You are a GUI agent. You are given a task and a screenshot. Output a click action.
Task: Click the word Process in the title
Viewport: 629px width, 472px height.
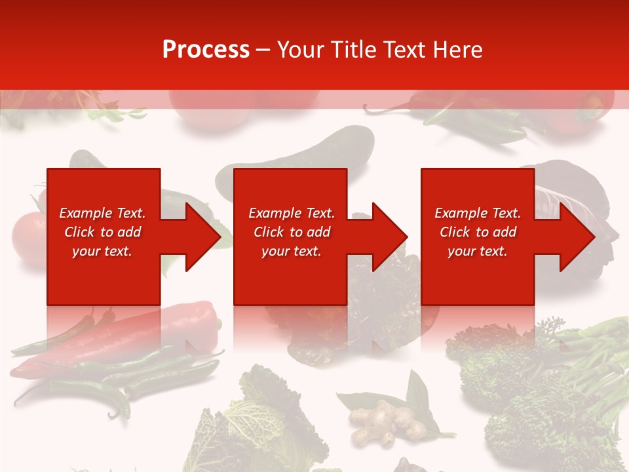[x=206, y=50]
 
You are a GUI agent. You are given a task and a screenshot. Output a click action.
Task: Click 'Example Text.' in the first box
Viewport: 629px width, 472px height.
[x=102, y=213]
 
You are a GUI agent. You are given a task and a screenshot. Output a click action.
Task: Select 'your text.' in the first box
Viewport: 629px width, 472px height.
[x=102, y=251]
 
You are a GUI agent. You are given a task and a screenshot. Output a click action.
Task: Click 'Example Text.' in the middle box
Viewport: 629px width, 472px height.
[x=292, y=213]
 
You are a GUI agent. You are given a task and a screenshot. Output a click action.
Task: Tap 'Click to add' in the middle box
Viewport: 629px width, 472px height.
[x=292, y=232]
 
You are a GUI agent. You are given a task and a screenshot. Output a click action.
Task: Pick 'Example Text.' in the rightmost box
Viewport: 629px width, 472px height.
[x=478, y=213]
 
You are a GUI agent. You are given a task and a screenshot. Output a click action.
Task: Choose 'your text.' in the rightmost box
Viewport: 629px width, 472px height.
[x=478, y=251]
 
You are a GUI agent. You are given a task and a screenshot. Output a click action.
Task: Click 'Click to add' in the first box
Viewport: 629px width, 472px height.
[x=102, y=232]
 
